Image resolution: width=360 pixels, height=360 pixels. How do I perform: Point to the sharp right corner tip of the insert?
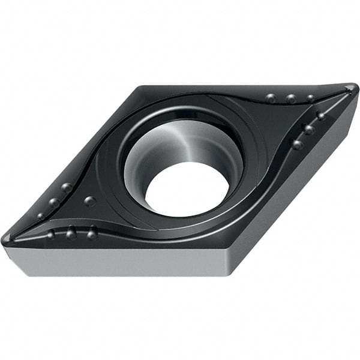click(354, 89)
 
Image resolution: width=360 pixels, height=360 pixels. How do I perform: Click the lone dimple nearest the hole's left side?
click(89, 201)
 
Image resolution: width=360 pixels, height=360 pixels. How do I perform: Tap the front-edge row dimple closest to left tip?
click(51, 234)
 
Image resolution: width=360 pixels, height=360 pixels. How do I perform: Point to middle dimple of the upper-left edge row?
click(54, 203)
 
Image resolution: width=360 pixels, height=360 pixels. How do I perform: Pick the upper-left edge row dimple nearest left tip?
click(41, 216)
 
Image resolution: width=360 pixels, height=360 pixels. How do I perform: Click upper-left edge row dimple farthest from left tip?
click(67, 188)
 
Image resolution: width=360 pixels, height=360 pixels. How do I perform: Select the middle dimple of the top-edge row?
click(291, 98)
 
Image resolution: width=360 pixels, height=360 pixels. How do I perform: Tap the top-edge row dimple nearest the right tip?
click(310, 98)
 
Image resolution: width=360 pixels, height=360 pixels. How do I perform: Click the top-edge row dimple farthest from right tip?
click(271, 98)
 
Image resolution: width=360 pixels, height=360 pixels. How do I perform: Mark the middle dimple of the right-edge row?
click(309, 129)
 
